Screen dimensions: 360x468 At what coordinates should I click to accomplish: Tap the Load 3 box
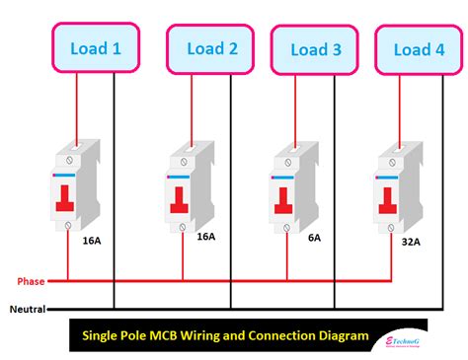(x=316, y=49)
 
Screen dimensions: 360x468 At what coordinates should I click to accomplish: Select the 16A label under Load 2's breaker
(x=205, y=238)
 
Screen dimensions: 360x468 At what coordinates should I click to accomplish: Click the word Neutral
(x=26, y=309)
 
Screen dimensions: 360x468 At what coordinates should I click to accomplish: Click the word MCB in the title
(x=175, y=335)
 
